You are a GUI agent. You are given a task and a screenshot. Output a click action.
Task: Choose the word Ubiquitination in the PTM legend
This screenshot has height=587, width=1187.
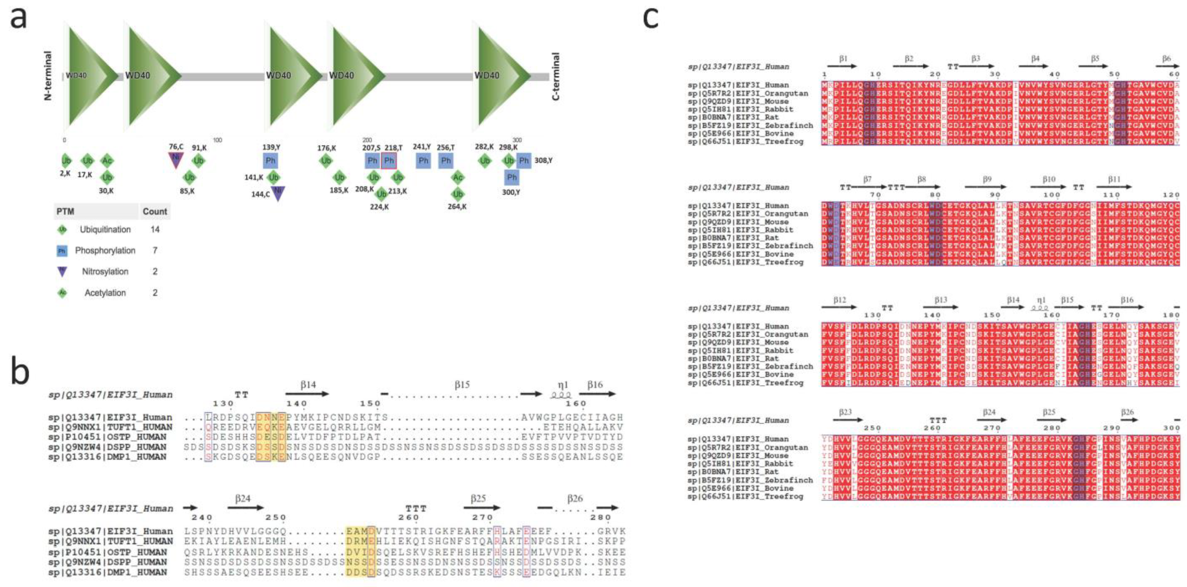pos(105,229)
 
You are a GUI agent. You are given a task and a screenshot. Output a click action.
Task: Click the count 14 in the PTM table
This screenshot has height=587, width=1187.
pos(155,229)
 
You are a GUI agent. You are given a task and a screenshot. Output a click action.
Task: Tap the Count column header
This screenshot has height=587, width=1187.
pos(155,211)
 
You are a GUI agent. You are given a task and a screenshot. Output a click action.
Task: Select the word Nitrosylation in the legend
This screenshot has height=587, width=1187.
pos(105,271)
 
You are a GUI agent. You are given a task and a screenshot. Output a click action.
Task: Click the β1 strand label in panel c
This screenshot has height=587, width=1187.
pos(843,58)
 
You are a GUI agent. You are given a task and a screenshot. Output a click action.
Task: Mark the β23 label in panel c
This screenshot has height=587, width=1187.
pos(845,412)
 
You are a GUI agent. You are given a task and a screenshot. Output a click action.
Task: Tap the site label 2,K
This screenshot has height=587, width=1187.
pos(65,173)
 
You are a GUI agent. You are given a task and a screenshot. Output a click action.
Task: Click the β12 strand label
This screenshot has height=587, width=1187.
pos(839,300)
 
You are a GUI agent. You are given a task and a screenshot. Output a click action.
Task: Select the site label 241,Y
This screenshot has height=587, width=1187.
pos(422,147)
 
